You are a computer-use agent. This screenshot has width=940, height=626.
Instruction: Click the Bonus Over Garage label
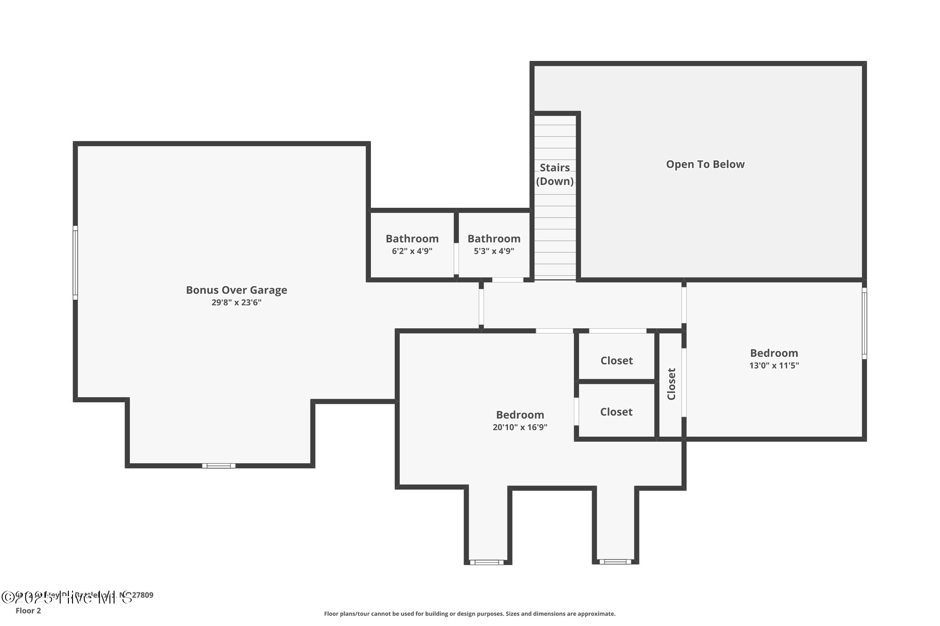click(236, 290)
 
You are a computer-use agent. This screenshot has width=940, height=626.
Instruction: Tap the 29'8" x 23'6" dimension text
click(236, 303)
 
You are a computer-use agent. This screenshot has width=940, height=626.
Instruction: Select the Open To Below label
click(705, 164)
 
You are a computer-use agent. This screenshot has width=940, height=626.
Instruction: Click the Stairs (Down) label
click(555, 174)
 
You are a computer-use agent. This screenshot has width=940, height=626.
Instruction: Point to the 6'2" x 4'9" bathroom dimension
click(412, 251)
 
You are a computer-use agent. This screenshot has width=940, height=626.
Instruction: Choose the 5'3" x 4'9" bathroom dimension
click(494, 251)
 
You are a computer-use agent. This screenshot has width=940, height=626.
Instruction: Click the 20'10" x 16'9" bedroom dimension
click(520, 427)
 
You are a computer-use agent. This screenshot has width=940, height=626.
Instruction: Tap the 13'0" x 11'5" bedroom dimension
click(774, 366)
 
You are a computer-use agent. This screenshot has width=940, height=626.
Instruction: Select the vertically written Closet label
click(671, 384)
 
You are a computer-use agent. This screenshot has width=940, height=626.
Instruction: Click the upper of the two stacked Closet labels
click(616, 360)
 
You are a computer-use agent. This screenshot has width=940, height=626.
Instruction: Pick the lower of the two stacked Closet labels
click(616, 412)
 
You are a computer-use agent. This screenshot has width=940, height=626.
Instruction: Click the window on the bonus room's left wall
click(75, 263)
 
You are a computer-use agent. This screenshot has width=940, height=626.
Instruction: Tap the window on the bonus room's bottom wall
click(219, 465)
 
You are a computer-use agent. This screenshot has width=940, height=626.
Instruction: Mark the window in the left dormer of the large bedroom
click(487, 562)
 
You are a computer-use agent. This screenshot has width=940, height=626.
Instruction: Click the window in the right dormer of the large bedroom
click(615, 561)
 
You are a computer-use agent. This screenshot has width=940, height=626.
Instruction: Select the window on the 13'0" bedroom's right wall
click(864, 323)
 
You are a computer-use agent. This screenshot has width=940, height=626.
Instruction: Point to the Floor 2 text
click(28, 611)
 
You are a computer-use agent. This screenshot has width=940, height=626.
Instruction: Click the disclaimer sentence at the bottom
click(470, 614)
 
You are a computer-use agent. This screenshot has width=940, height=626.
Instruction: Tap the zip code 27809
click(142, 595)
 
